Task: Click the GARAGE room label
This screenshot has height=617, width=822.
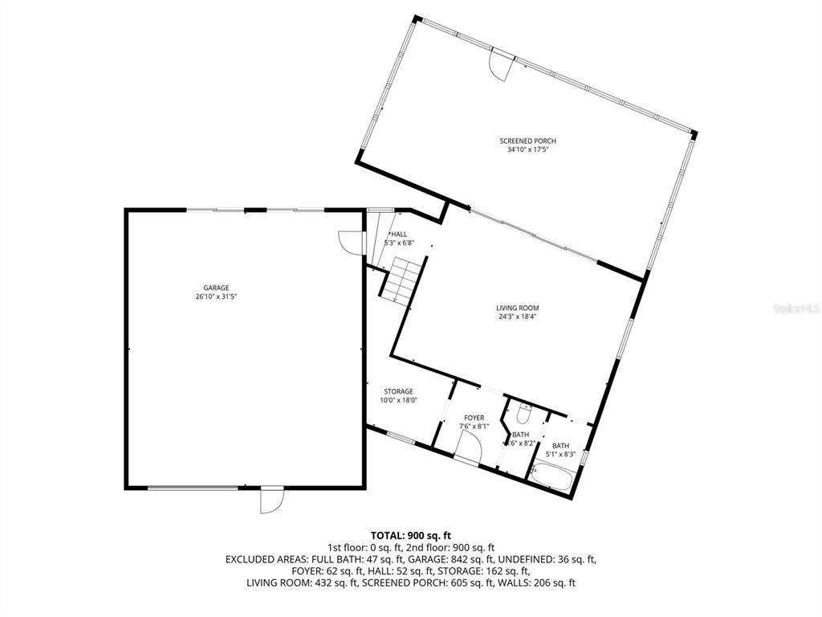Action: [216, 288]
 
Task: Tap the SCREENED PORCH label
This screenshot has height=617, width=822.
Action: [527, 141]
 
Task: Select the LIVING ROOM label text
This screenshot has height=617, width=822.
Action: [517, 308]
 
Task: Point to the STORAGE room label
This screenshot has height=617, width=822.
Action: [397, 392]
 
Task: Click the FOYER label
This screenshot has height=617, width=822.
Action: [474, 418]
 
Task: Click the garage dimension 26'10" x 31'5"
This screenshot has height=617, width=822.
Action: [216, 296]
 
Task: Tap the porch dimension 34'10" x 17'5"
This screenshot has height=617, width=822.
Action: [527, 150]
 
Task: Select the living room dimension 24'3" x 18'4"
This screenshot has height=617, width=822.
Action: [517, 317]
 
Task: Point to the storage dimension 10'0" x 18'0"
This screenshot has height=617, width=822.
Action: [397, 400]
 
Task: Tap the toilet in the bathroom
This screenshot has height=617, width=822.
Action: [523, 415]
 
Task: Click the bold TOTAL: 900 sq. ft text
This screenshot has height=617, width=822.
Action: [411, 535]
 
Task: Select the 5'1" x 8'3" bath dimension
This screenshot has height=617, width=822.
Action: [561, 455]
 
